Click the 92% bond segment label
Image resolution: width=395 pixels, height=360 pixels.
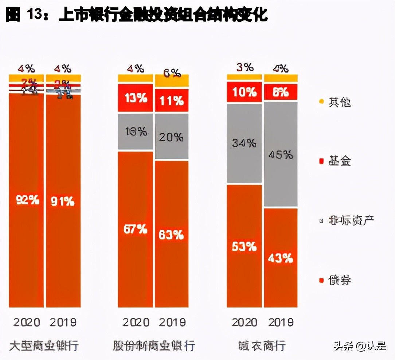27,200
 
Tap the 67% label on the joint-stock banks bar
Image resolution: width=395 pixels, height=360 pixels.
135,229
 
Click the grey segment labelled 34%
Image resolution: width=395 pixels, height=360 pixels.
244,143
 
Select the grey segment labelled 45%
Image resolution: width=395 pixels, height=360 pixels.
281,155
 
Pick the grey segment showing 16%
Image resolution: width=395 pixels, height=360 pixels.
135,131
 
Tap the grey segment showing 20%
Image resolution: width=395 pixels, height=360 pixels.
172,137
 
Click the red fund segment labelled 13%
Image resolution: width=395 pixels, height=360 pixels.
135,98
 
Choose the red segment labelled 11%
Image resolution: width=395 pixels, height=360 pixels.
172,100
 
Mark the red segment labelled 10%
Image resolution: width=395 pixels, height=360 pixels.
244,92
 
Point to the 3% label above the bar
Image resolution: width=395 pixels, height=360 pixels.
244,67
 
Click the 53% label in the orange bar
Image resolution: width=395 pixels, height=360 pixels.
244,247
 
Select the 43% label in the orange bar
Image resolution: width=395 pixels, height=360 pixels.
280,258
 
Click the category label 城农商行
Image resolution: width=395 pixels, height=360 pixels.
262,345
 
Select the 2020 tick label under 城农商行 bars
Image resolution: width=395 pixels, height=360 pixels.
245,322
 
